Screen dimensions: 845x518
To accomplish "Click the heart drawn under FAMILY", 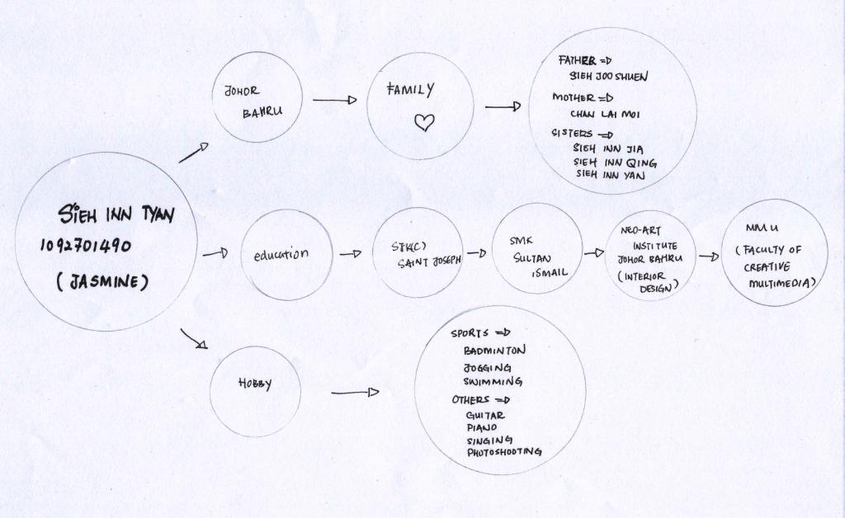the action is tap(423, 123).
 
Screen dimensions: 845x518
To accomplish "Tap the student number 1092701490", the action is tap(86, 246).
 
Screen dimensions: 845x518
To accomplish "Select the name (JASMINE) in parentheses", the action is tap(102, 282).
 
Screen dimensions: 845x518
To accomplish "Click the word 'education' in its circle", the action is tap(281, 255).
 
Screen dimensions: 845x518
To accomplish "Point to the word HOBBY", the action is tap(255, 384).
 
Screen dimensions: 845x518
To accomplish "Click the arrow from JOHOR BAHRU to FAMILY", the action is tap(334, 100).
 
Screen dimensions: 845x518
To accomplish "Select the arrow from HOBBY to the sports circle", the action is tap(355, 392).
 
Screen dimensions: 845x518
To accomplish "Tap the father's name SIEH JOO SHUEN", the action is tap(608, 76).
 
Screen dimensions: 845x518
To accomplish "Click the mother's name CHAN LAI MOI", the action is tap(605, 114).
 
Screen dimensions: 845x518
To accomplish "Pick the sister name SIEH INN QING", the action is tap(615, 162).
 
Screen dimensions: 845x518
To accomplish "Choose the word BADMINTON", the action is tap(494, 351).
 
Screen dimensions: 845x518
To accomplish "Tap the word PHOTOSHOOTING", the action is tap(504, 452).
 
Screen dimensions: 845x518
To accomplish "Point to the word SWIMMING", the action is tap(493, 382).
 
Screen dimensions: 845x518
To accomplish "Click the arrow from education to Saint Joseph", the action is tap(351, 254).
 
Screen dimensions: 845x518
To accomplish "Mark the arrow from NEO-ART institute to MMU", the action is tap(709, 257).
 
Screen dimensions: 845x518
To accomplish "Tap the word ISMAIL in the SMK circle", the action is tap(550, 273).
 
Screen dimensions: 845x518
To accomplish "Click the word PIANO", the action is tap(481, 428).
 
